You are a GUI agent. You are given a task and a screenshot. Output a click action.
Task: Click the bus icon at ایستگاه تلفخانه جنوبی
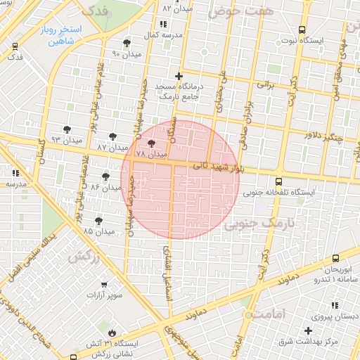[x=279, y=181]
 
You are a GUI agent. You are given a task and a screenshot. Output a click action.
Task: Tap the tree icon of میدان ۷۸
[x=152, y=143]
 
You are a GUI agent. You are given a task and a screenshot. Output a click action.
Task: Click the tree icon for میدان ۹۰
[x=127, y=43]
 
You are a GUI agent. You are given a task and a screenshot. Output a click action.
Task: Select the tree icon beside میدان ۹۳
[x=67, y=129]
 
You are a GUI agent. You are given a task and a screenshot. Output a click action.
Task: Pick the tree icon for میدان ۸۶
[x=105, y=176]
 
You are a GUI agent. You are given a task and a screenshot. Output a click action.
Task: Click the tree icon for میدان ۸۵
[x=98, y=220]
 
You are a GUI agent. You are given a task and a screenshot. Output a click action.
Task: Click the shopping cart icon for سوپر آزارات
[x=104, y=285]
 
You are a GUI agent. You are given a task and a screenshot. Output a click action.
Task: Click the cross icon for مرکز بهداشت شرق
[x=308, y=330]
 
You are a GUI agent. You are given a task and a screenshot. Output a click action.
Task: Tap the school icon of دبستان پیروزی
[x=335, y=304]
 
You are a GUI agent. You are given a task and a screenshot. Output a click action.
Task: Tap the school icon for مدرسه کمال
[x=164, y=25]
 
